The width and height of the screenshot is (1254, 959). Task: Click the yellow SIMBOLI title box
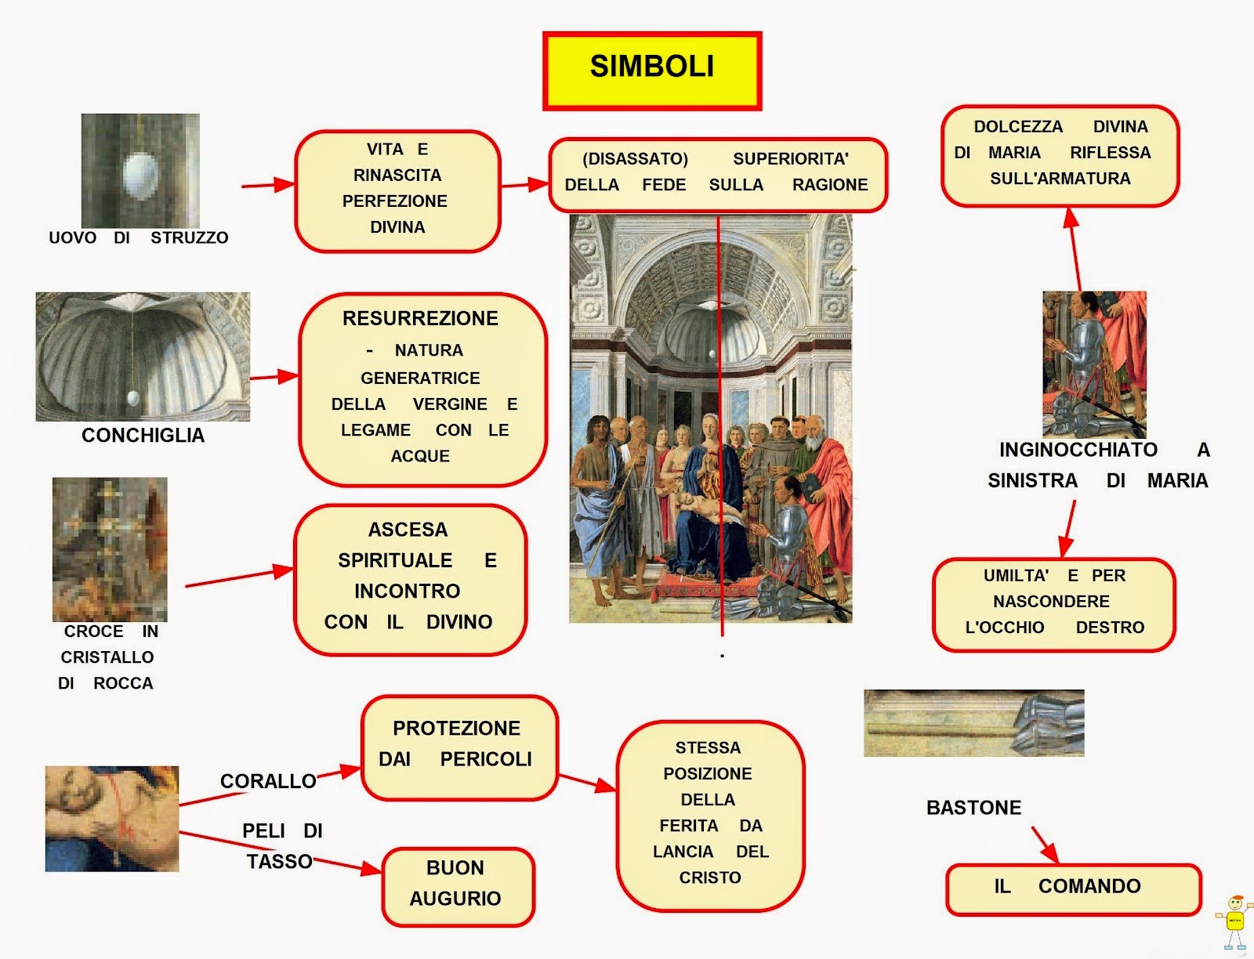[x=651, y=71]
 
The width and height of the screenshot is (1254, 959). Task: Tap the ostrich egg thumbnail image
[x=140, y=171]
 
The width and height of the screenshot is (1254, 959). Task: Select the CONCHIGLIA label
[x=143, y=436]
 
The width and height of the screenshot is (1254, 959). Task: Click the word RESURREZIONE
[x=420, y=319]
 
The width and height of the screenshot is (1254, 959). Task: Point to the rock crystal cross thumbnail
[x=110, y=549]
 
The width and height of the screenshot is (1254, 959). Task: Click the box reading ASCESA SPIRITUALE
[x=410, y=579]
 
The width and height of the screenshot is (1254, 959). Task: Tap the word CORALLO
[x=268, y=781]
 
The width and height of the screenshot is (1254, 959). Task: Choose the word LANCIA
[x=683, y=852]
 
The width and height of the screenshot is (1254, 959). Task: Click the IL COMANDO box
[x=1073, y=888]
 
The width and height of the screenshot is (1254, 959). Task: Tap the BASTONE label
[x=973, y=808]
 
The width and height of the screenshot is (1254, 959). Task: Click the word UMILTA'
[x=1016, y=576]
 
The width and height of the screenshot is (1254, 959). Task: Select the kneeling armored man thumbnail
[x=1094, y=364]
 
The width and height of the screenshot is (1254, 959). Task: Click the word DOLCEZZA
[x=1018, y=127]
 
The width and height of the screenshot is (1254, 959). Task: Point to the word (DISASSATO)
[x=635, y=159]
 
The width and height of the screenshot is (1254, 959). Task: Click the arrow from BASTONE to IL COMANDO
[x=1045, y=844]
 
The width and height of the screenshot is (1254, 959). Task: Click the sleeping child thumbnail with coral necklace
[x=112, y=819]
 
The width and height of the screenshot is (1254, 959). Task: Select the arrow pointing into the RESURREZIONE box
[x=274, y=377]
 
